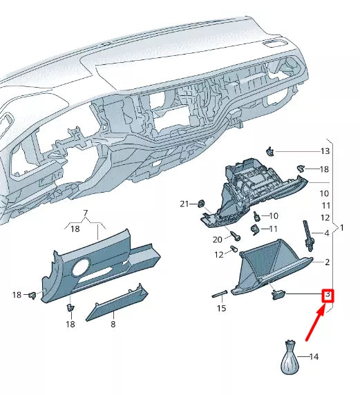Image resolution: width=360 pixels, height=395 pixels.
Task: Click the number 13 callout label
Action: click(324, 151)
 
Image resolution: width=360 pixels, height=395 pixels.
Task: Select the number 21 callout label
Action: click(184, 204)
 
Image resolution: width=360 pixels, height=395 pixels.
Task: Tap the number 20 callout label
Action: click(217, 240)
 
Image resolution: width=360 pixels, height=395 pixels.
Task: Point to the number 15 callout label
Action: click(221, 308)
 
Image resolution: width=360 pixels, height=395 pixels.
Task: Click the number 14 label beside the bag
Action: click(314, 357)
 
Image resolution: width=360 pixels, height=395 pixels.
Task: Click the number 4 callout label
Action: click(327, 233)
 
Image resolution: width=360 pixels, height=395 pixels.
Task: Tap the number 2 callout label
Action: click(327, 262)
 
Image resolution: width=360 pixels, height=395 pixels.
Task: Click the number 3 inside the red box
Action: click(328, 296)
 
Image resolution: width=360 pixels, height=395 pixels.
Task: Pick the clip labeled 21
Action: click(200, 203)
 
